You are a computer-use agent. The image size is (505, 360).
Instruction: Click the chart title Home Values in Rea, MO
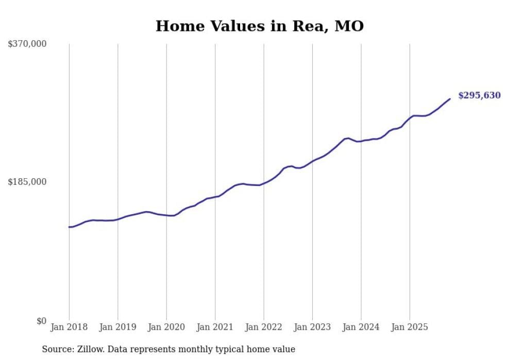(259, 26)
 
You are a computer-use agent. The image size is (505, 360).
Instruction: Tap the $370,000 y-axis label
(27, 44)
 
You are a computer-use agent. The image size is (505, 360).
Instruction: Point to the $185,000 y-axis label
(27, 182)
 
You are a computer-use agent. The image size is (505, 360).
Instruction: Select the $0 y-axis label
(41, 321)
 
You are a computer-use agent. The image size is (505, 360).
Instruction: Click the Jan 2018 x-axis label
(69, 327)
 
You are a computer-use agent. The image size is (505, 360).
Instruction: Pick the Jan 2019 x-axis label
(117, 327)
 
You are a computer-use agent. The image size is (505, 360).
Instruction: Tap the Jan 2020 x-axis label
(166, 327)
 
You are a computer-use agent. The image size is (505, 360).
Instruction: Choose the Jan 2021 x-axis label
(215, 327)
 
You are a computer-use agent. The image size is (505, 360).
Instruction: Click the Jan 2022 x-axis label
(264, 327)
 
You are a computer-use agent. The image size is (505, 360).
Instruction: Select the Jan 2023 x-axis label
(312, 327)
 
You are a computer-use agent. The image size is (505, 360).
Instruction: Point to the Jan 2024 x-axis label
(361, 327)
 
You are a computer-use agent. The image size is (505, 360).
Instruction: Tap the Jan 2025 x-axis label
(410, 327)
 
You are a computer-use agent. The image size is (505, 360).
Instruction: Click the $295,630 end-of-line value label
(479, 95)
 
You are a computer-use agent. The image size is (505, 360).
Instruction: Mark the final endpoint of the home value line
(450, 99)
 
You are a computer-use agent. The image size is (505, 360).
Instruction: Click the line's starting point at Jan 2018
(69, 227)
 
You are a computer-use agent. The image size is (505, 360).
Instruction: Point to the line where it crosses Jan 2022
(264, 183)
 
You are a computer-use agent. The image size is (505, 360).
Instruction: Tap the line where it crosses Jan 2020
(166, 215)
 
